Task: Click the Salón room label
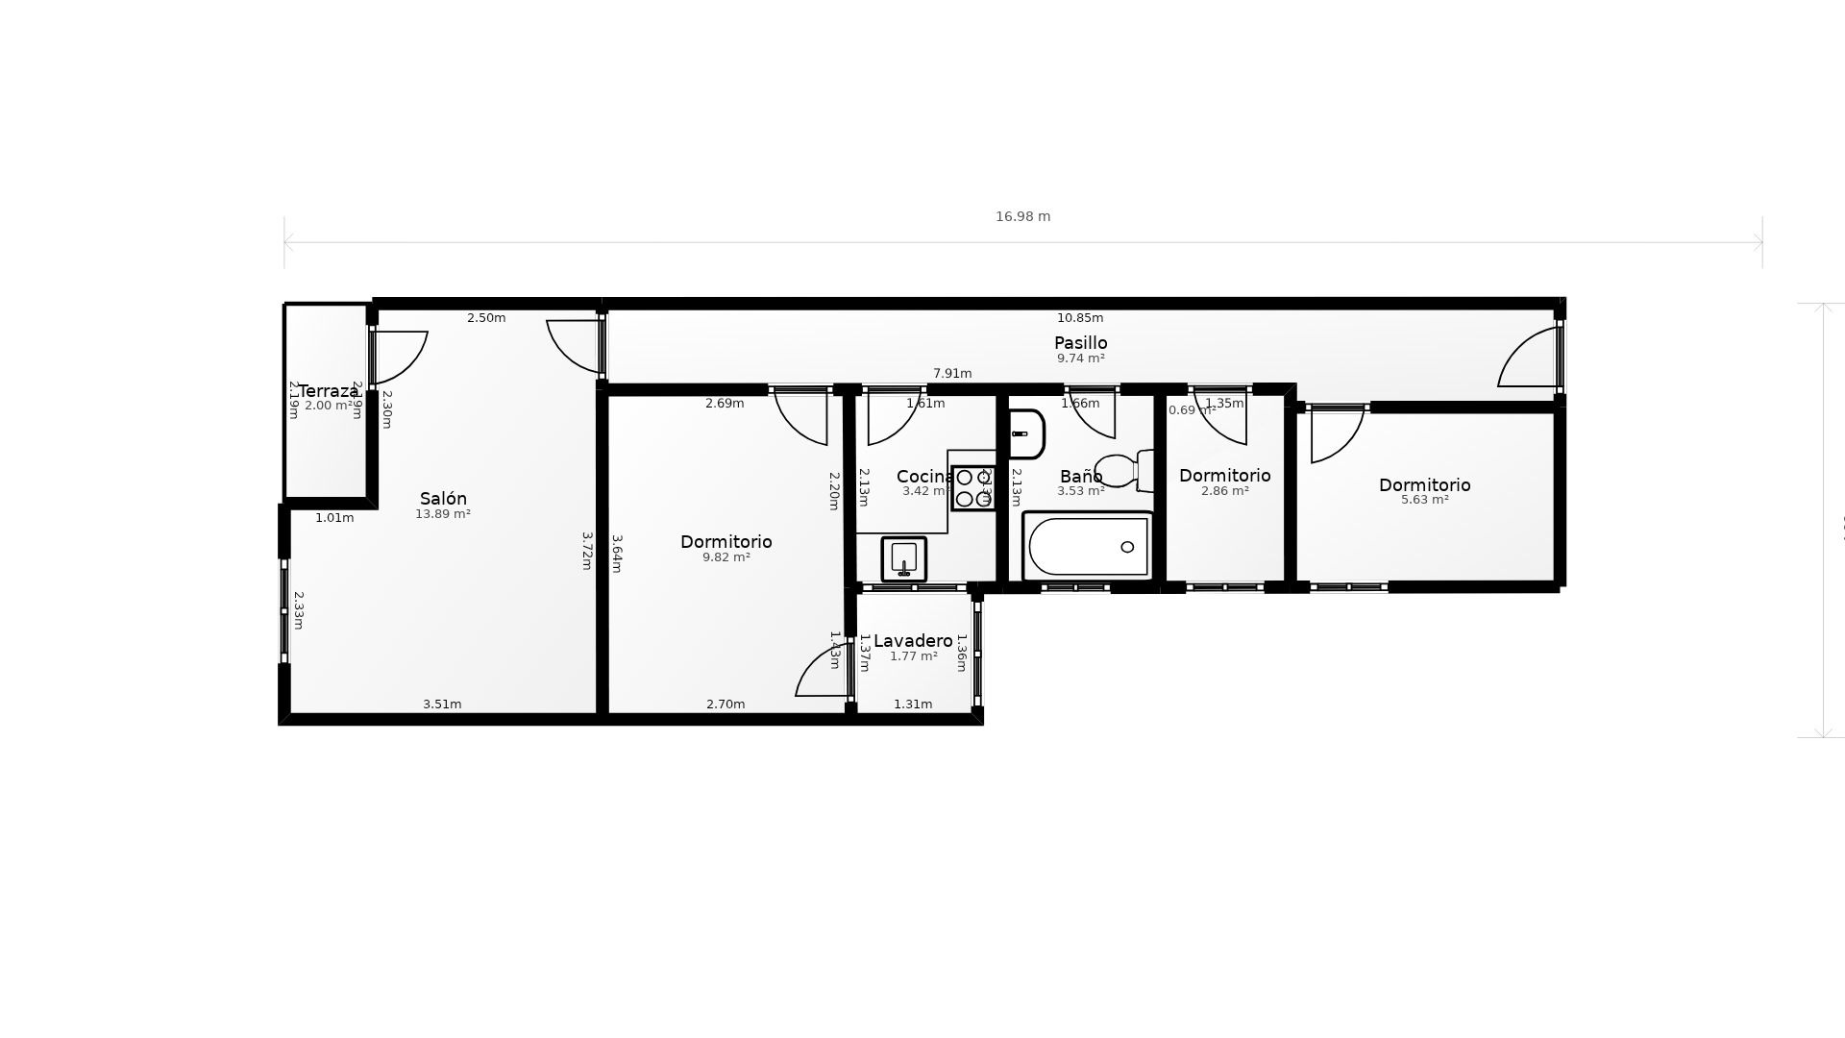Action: click(x=443, y=499)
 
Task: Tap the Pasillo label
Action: click(x=1080, y=343)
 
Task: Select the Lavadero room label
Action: click(x=913, y=641)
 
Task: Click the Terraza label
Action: click(x=328, y=391)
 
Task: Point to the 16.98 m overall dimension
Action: click(x=1022, y=217)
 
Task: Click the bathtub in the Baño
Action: click(x=1088, y=547)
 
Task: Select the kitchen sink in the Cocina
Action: click(x=903, y=558)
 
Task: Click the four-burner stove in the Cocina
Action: click(x=972, y=488)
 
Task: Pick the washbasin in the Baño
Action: click(x=1025, y=434)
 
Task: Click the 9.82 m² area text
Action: click(x=726, y=557)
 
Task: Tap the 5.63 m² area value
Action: click(x=1424, y=500)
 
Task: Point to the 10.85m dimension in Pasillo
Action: click(x=1080, y=318)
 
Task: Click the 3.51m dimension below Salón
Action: click(x=442, y=704)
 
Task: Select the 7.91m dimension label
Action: click(x=952, y=374)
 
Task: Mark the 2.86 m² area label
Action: click(x=1224, y=491)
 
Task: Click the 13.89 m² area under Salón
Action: click(x=442, y=514)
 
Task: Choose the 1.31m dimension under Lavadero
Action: click(x=913, y=704)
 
